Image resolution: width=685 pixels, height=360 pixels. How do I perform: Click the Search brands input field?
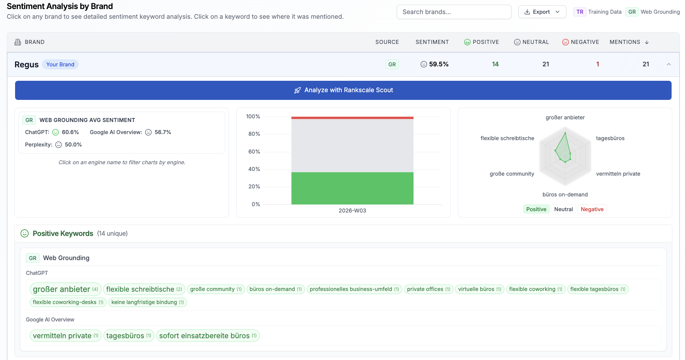coord(454,12)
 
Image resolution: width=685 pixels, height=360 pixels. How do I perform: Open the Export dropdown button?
coord(542,12)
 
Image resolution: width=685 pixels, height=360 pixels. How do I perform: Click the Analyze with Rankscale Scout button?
coord(343,90)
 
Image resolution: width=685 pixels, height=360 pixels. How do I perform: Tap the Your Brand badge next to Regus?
coord(60,64)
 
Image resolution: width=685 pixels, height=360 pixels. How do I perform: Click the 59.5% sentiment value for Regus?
coord(439,64)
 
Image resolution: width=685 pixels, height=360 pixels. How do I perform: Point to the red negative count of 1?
coord(598,64)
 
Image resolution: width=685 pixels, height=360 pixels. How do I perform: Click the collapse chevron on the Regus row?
coord(669,64)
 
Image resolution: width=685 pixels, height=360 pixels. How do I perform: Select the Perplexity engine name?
coord(38,144)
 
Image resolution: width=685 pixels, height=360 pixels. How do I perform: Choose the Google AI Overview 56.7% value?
coord(163,132)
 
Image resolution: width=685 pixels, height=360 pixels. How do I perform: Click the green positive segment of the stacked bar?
coord(352,188)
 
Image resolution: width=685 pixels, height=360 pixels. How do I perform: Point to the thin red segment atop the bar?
coord(352,118)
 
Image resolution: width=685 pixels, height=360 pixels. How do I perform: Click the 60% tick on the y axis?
coord(254,152)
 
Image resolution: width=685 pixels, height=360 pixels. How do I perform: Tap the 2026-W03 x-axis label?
coord(352,211)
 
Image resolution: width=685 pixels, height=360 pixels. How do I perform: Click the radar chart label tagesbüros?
coord(610,138)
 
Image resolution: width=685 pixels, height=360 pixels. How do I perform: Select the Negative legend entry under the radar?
coord(592,209)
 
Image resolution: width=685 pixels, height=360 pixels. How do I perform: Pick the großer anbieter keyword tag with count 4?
coord(65,289)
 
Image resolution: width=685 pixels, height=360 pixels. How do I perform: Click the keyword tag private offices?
coord(429,289)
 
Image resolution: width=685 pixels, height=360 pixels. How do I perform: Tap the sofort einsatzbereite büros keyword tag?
coord(208,336)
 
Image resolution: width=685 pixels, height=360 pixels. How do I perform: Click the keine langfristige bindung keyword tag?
coord(147,302)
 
